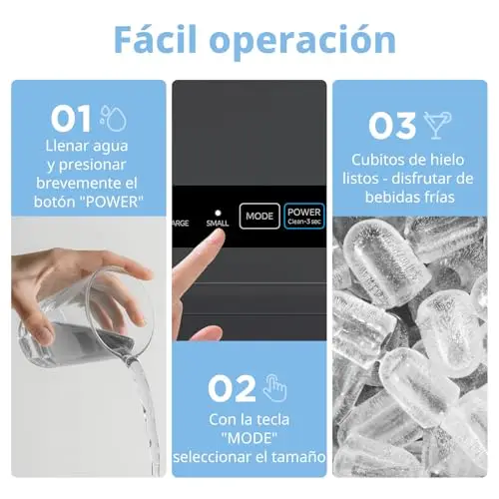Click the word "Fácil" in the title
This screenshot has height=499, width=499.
click(156, 39)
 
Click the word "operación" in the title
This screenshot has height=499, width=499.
click(302, 43)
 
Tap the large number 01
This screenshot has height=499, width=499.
click(71, 119)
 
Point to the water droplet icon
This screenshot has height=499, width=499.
click(114, 118)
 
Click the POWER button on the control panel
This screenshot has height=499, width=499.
click(304, 216)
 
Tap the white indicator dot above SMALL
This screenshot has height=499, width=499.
click(218, 213)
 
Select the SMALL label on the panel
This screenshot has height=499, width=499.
click(218, 224)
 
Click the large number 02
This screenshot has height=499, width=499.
click(232, 388)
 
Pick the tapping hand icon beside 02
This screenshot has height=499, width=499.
click(274, 388)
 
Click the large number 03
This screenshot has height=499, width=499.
click(392, 126)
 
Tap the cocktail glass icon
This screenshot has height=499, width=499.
click(437, 125)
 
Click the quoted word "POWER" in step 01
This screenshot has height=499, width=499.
click(112, 202)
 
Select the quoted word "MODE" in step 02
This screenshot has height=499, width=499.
click(249, 438)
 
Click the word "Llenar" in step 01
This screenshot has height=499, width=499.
click(67, 146)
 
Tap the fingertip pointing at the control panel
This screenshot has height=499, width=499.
click(218, 237)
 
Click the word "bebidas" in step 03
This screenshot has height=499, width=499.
click(388, 197)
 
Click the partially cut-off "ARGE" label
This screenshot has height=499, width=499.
click(181, 224)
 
